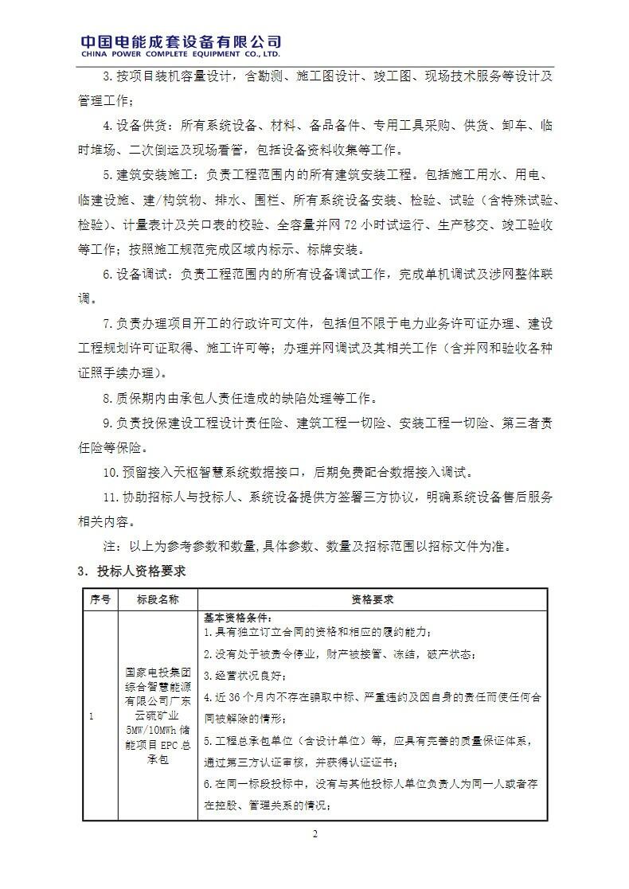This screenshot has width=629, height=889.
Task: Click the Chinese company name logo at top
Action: tap(182, 41)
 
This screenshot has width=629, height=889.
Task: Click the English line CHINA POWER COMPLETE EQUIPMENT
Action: tap(182, 56)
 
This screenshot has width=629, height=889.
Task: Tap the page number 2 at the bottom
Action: tap(314, 834)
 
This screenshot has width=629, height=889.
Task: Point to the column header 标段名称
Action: tap(157, 599)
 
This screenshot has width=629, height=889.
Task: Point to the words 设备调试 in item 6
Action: tap(144, 275)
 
